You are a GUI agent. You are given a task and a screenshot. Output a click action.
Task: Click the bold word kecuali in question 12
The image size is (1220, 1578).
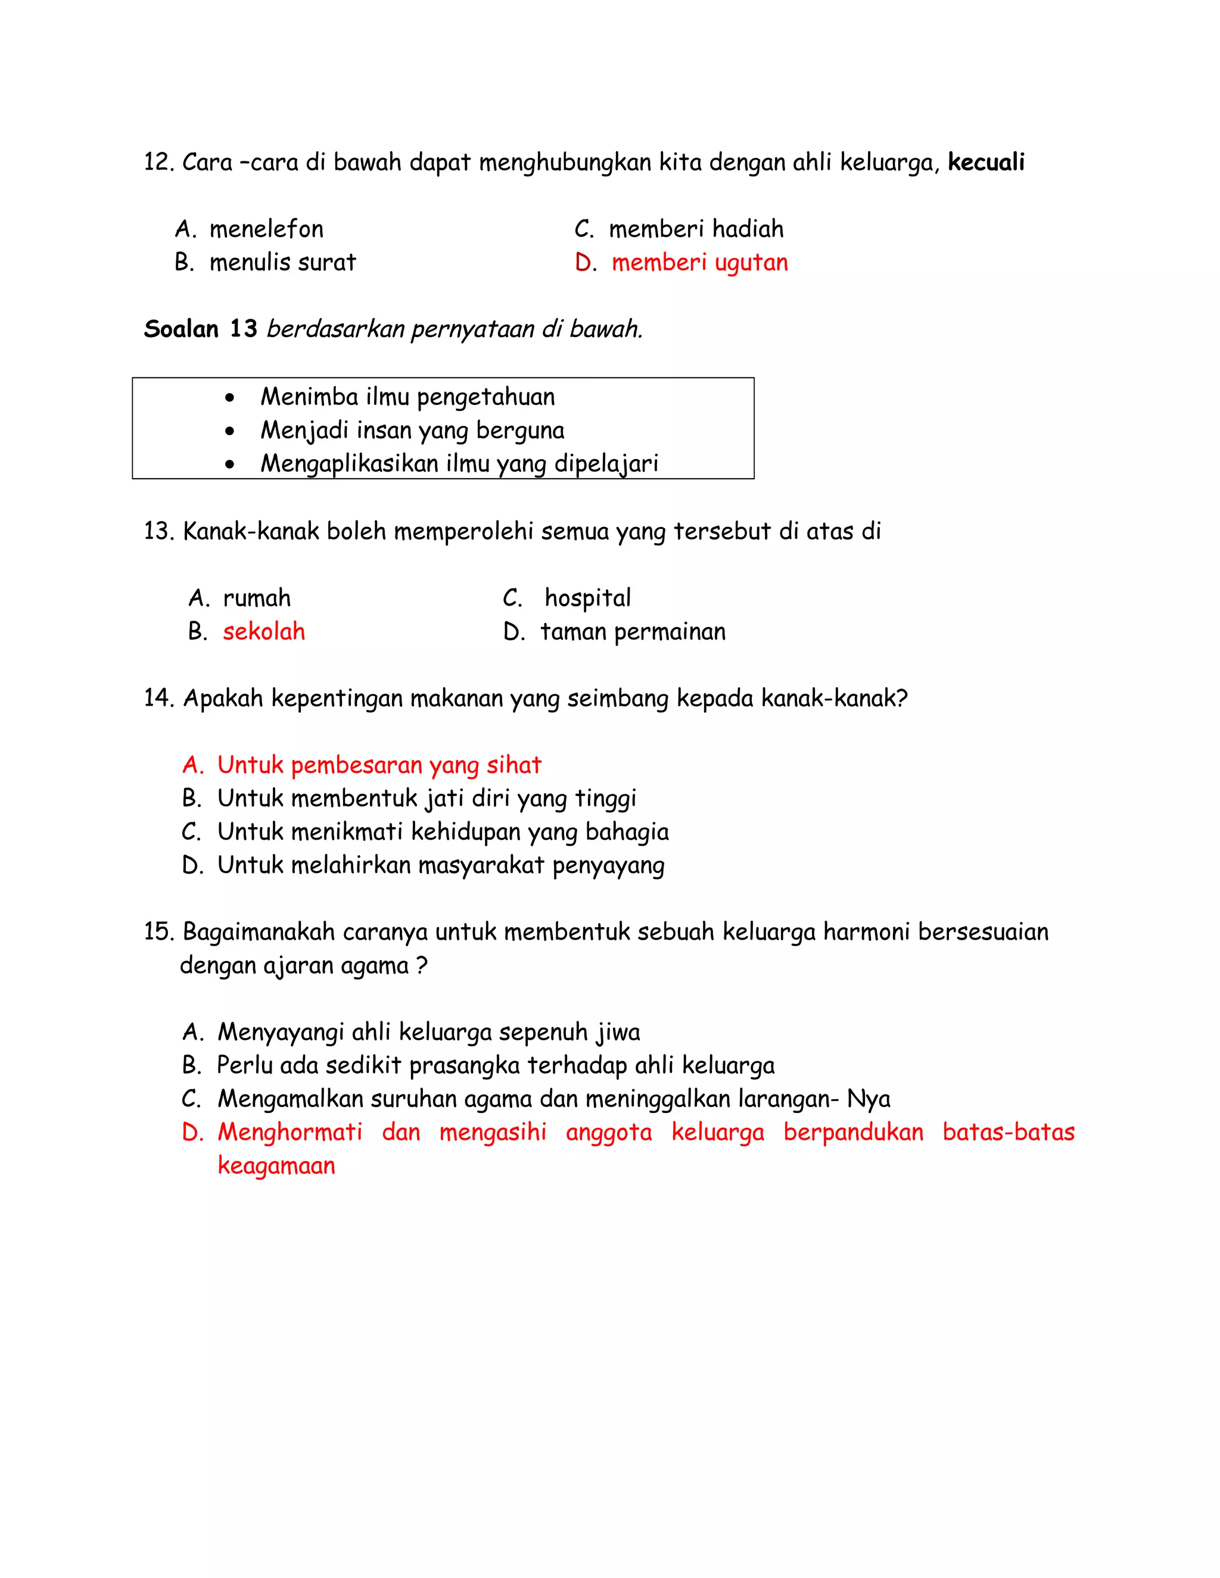986,163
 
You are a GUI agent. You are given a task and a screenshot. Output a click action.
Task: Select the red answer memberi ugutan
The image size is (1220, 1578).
699,263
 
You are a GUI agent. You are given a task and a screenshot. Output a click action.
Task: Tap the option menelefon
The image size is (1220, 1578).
266,230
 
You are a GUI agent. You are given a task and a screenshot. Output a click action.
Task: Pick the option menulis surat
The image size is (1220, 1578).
282,263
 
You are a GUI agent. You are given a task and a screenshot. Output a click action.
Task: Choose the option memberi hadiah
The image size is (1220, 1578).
695,230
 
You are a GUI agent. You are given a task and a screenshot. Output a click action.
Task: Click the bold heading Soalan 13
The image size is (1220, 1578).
200,329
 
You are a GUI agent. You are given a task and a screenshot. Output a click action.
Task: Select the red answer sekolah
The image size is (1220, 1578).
264,632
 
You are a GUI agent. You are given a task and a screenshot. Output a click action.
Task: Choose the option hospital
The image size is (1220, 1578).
587,599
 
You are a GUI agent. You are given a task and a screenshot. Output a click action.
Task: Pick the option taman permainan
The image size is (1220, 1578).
633,632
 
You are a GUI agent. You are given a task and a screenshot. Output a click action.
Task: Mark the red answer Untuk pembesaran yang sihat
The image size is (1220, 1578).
379,766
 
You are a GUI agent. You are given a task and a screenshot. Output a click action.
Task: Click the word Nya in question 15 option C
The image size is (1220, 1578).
868,1100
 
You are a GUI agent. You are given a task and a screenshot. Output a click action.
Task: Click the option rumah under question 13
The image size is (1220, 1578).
257,599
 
